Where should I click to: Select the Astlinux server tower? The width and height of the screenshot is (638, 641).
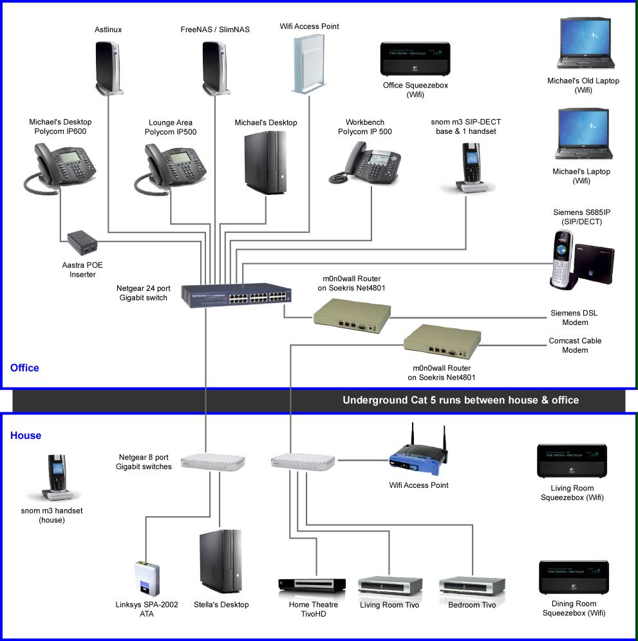(108, 66)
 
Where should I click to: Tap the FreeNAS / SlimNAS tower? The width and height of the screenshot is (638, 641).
(215, 66)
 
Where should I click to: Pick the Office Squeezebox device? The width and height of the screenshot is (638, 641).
(415, 59)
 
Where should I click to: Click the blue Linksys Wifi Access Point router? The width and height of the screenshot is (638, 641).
(417, 459)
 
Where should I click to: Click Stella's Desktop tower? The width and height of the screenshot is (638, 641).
(221, 561)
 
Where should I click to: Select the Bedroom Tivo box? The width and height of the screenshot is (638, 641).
(471, 586)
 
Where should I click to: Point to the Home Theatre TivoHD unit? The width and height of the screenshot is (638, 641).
(314, 584)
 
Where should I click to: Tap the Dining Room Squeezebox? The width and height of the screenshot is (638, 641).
(573, 577)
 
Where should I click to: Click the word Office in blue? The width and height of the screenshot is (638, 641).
(24, 368)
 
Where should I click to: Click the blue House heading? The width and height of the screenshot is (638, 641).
(26, 436)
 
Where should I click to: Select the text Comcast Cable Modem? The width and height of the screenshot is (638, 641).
(575, 346)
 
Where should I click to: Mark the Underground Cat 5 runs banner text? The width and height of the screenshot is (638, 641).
(460, 400)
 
